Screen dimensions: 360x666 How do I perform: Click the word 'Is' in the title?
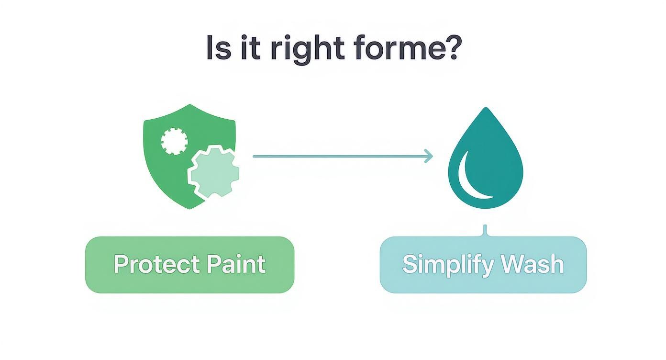[x=218, y=48]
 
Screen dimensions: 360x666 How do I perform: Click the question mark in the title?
[x=452, y=48]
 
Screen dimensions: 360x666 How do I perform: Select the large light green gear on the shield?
[x=213, y=172]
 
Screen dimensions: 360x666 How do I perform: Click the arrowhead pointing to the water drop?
[x=428, y=156]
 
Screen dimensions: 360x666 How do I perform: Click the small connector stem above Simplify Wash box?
[x=485, y=230]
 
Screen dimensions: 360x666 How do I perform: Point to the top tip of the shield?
[x=190, y=106]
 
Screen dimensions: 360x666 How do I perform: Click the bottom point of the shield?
[x=190, y=208]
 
